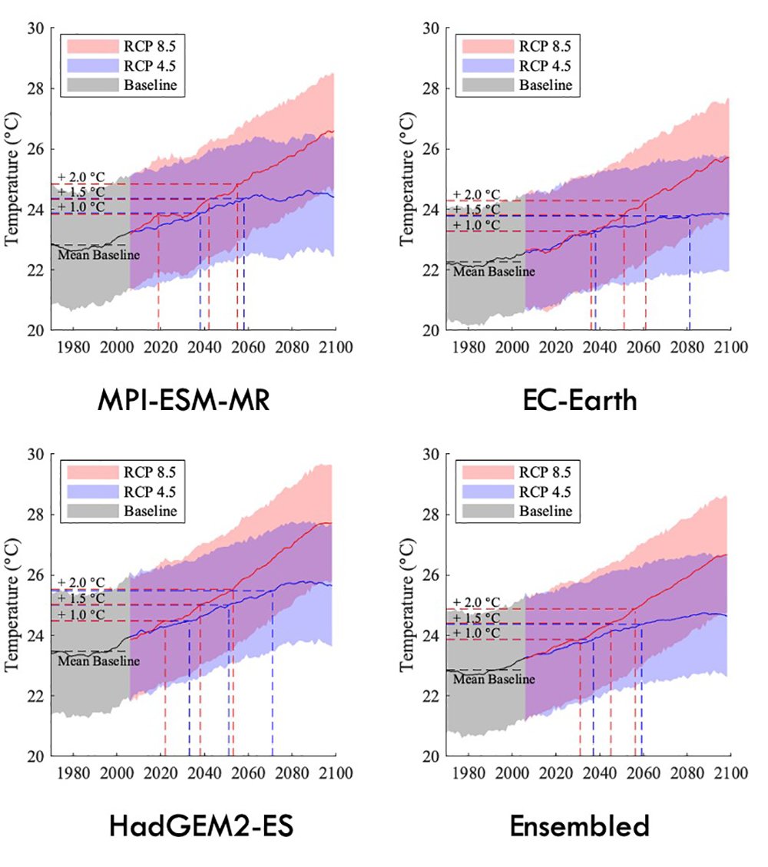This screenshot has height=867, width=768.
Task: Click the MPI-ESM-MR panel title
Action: pos(184,400)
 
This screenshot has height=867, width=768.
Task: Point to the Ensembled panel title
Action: pos(580,826)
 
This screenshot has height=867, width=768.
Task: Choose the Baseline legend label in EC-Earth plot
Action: pos(545,84)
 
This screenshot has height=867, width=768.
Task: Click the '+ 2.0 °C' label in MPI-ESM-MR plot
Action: pos(81,177)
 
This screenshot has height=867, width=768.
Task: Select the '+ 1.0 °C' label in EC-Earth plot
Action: pos(476,225)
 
